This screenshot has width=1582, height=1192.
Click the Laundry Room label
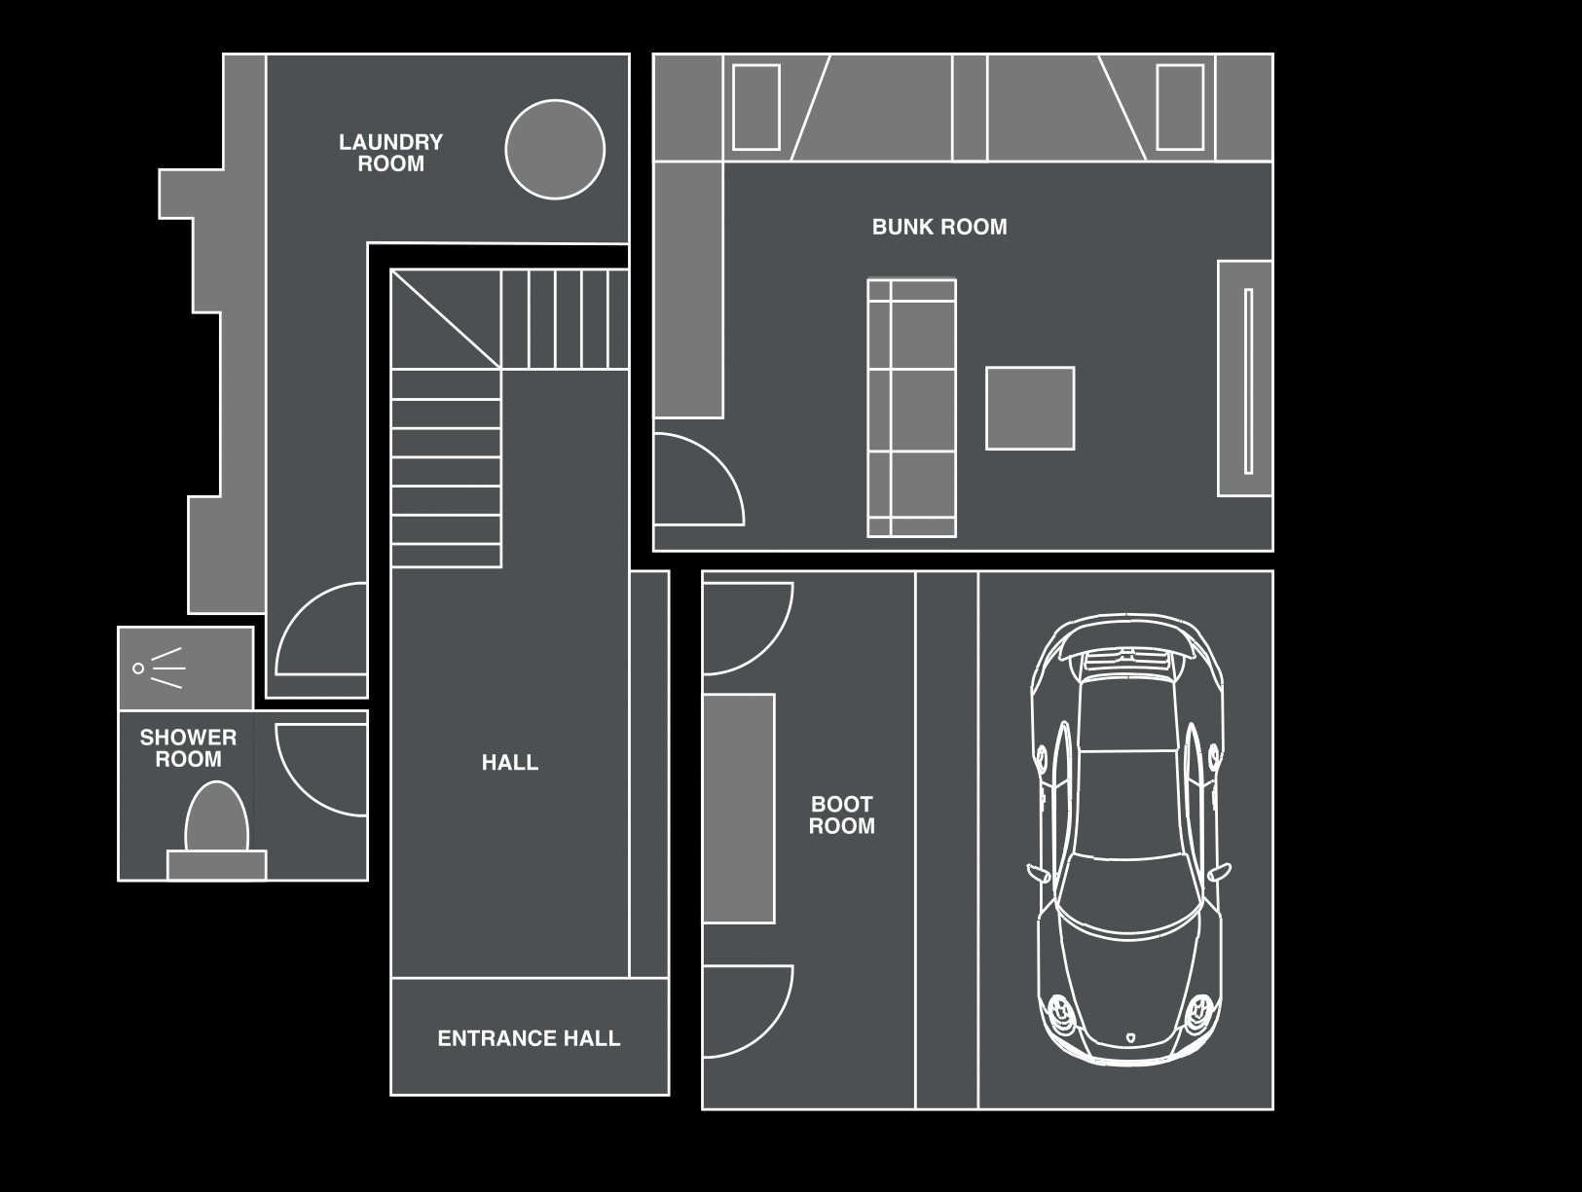[x=390, y=153]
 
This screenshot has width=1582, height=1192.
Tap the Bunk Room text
[x=938, y=227]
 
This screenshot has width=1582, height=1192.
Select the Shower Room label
[x=188, y=747]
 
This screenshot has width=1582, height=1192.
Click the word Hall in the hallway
[x=509, y=763]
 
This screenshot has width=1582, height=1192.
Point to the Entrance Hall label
[x=529, y=1038]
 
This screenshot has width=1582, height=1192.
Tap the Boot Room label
[x=841, y=814]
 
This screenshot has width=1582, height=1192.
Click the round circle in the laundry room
[x=555, y=150]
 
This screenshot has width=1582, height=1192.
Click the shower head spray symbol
[x=160, y=668]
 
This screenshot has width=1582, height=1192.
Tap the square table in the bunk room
[x=1030, y=408]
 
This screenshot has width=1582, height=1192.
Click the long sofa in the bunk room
[x=911, y=408]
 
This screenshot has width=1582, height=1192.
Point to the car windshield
[x=1127, y=892]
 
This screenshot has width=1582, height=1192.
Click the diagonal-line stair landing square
[x=445, y=319]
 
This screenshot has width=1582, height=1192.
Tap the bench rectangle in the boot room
[x=738, y=808]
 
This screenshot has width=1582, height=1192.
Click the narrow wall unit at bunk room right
[x=1245, y=379]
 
